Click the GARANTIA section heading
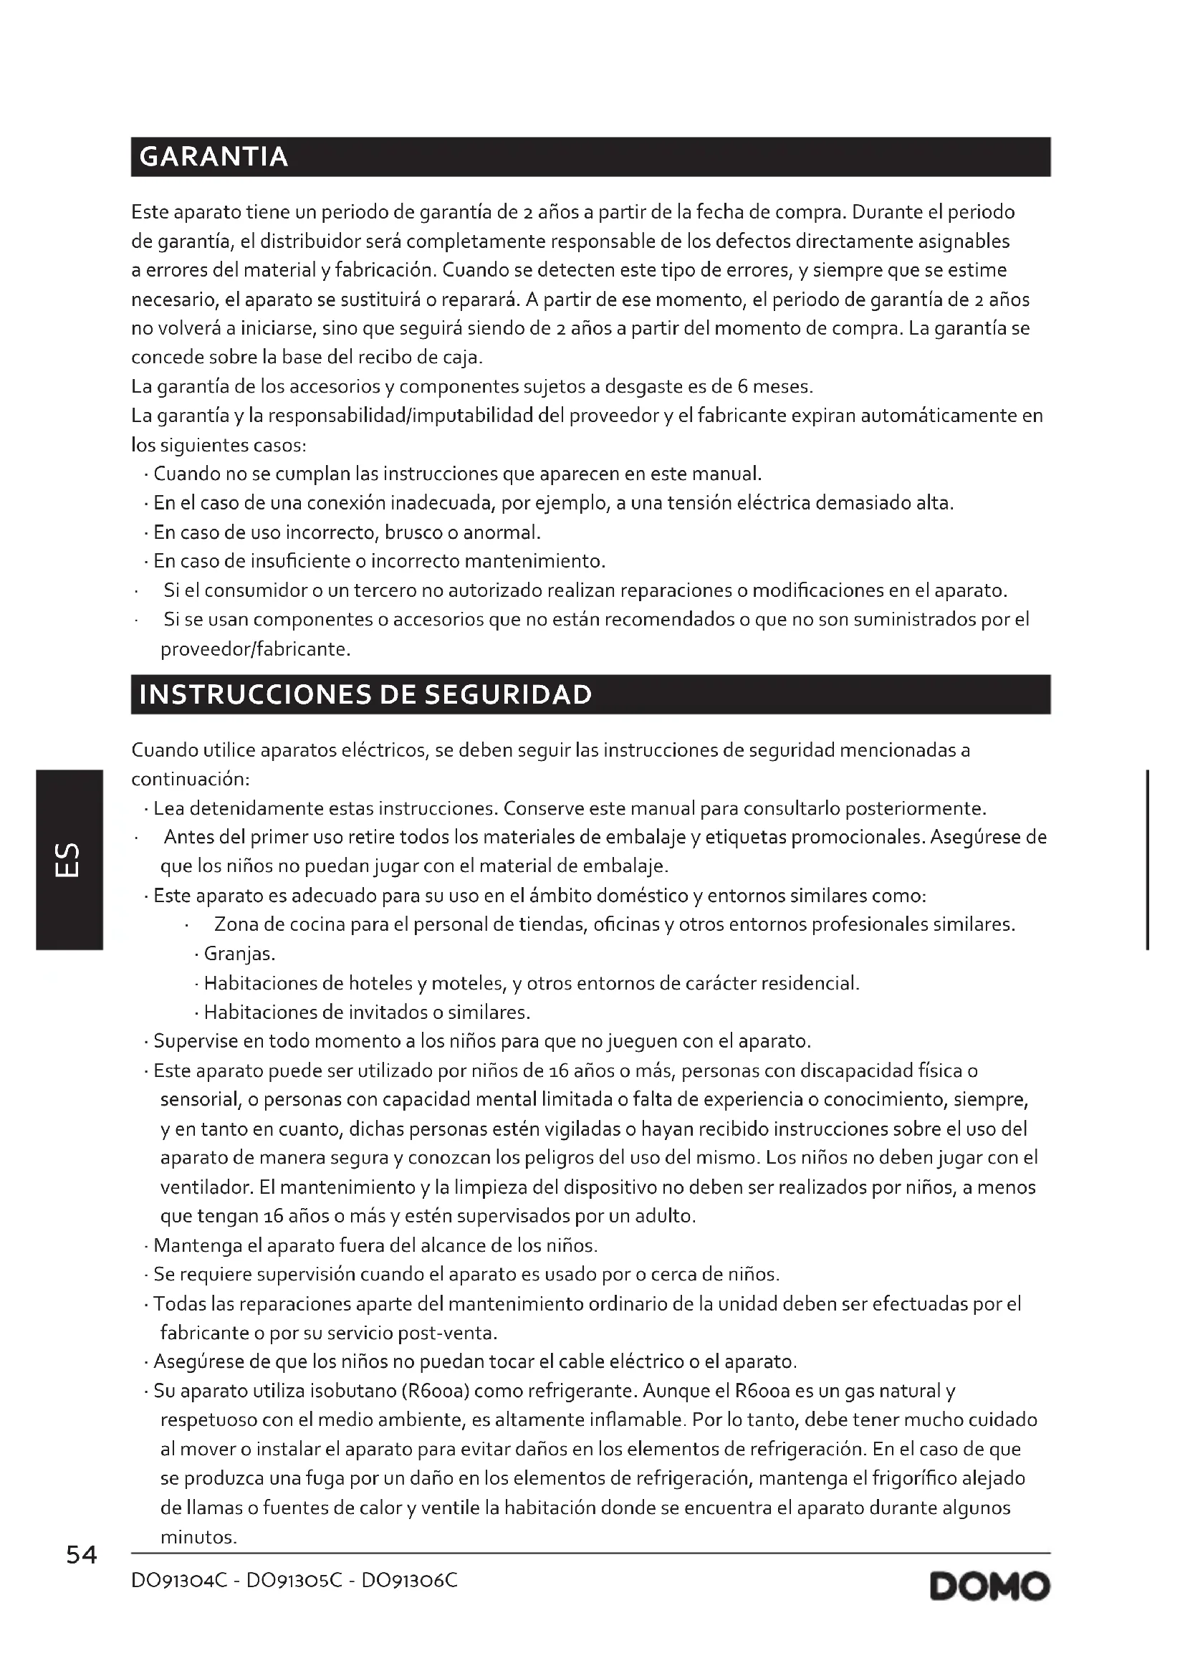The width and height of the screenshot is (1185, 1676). pos(213,157)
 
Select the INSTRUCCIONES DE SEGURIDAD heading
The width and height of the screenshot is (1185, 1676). pos(365,694)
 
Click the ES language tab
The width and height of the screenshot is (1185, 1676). pos(69,860)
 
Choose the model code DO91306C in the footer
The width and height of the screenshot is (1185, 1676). pos(409,1581)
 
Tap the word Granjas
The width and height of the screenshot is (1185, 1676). pos(239,954)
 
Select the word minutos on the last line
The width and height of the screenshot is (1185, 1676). pos(198,1537)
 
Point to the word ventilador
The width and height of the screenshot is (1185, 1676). pos(206,1187)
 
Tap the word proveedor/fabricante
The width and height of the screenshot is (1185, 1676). pos(254,649)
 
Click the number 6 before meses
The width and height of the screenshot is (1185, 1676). pos(740,386)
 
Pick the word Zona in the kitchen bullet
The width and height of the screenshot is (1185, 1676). pos(236,925)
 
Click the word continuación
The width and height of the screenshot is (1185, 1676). pos(190,780)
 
